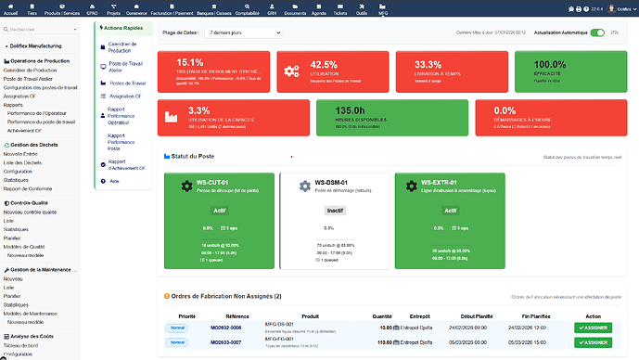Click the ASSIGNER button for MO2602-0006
[593, 328]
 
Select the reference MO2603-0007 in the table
[225, 342]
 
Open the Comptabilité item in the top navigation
[247, 13]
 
